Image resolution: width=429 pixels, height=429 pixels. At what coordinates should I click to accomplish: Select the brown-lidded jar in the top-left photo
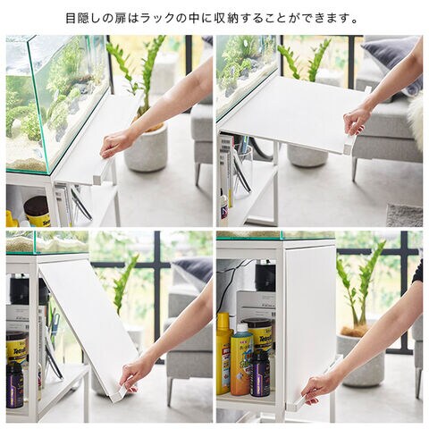(37, 211)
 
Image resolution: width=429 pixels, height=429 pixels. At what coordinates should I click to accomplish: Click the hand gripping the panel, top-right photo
(357, 122)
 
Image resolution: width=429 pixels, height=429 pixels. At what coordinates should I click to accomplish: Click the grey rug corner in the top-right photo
(405, 215)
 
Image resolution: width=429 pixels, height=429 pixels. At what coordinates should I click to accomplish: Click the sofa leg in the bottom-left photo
(170, 391)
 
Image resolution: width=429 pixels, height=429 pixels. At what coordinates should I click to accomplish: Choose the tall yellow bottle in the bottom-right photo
(223, 353)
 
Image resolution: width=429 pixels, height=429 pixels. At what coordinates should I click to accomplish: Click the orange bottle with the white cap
(240, 360)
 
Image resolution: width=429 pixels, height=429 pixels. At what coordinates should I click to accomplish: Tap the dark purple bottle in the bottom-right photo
(260, 374)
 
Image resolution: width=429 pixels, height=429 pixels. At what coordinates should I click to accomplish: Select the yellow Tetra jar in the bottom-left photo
(17, 347)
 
